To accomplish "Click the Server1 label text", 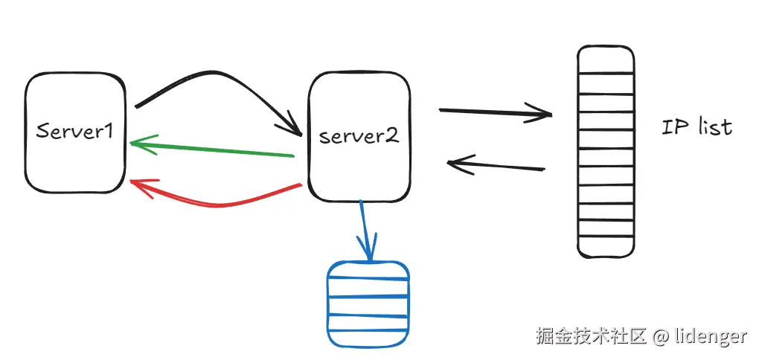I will pos(75,132).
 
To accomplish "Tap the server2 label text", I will pos(359,136).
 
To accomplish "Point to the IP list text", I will pos(696,127).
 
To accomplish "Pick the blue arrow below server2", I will pos(365,227).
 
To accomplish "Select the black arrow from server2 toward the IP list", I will pos(495,112).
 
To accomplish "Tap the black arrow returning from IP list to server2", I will pos(495,165).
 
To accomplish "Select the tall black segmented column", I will pos(606,152).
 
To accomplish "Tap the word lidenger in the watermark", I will pos(711,336).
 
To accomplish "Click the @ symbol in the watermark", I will pos(662,337).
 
